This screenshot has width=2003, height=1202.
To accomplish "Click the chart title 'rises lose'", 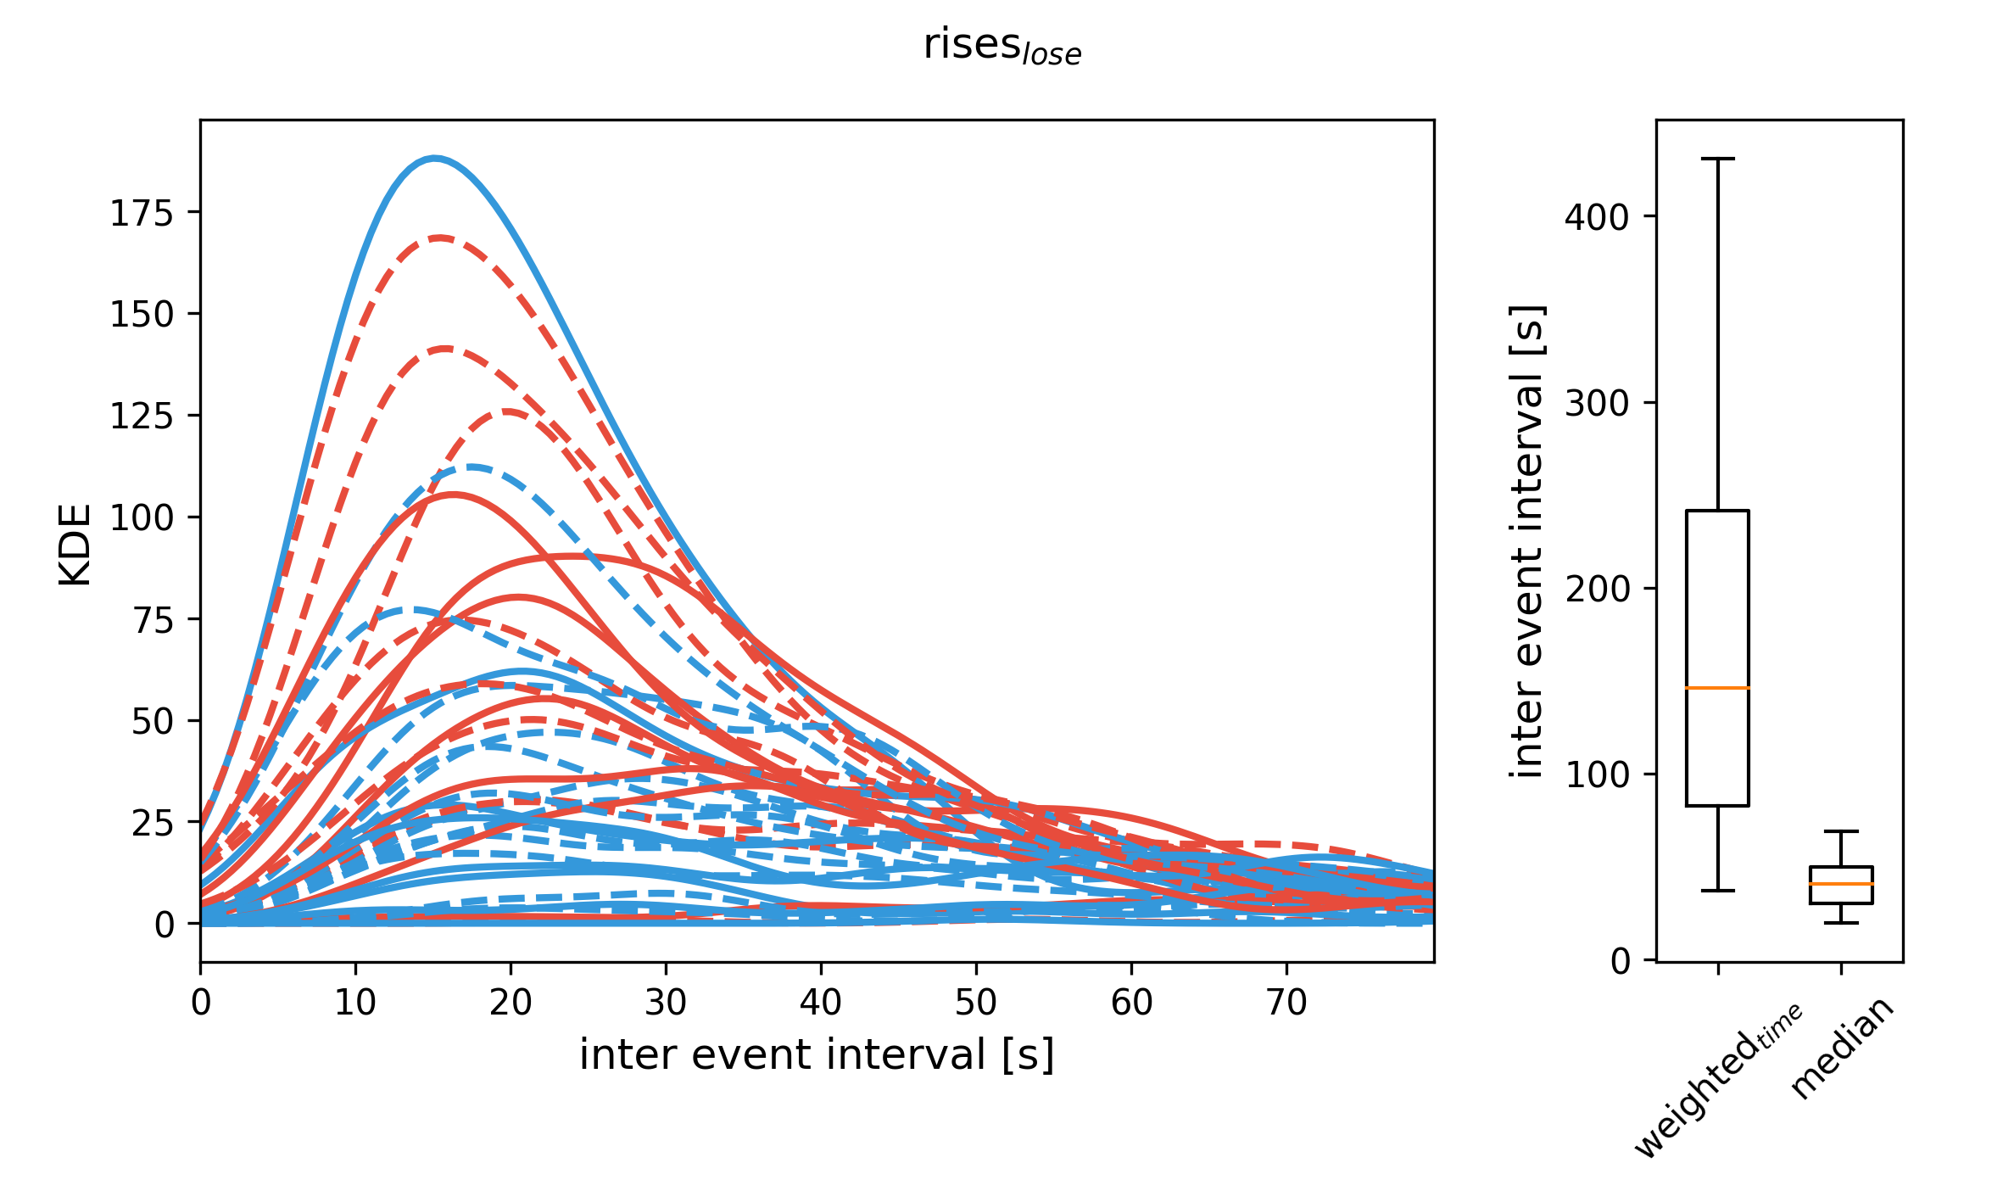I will pyautogui.click(x=1001, y=46).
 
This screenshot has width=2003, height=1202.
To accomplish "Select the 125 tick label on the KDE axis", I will pyautogui.click(x=141, y=417).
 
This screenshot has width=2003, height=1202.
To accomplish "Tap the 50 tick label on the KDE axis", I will pyautogui.click(x=152, y=722).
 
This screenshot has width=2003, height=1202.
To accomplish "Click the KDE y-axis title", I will pyautogui.click(x=75, y=545).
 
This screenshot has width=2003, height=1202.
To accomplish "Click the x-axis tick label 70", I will pyautogui.click(x=1286, y=1004).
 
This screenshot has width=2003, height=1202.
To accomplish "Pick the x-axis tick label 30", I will pyautogui.click(x=666, y=1004).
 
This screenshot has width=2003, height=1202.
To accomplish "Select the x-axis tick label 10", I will pyautogui.click(x=355, y=1004).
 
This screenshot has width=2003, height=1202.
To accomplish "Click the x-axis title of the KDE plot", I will pyautogui.click(x=817, y=1055).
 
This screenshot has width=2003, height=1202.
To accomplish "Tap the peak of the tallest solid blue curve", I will pyautogui.click(x=435, y=158).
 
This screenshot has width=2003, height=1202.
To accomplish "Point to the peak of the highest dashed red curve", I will pyautogui.click(x=440, y=238).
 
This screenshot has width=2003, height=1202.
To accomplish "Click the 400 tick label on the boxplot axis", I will pyautogui.click(x=1597, y=217).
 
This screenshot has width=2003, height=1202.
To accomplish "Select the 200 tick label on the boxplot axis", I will pyautogui.click(x=1597, y=589).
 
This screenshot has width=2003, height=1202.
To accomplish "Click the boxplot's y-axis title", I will pyautogui.click(x=1528, y=540).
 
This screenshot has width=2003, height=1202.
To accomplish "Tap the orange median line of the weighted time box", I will pyautogui.click(x=1717, y=688).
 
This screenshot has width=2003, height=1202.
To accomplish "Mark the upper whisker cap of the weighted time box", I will pyautogui.click(x=1717, y=159).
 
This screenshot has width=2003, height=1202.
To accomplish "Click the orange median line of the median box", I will pyautogui.click(x=1841, y=884).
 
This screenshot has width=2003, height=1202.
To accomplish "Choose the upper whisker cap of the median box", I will pyautogui.click(x=1841, y=831).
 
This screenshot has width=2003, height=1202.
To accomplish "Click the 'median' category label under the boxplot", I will pyautogui.click(x=1842, y=1049).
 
